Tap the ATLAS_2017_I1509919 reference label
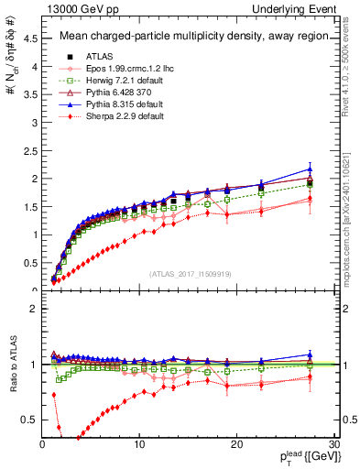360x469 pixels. (x=190, y=273)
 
